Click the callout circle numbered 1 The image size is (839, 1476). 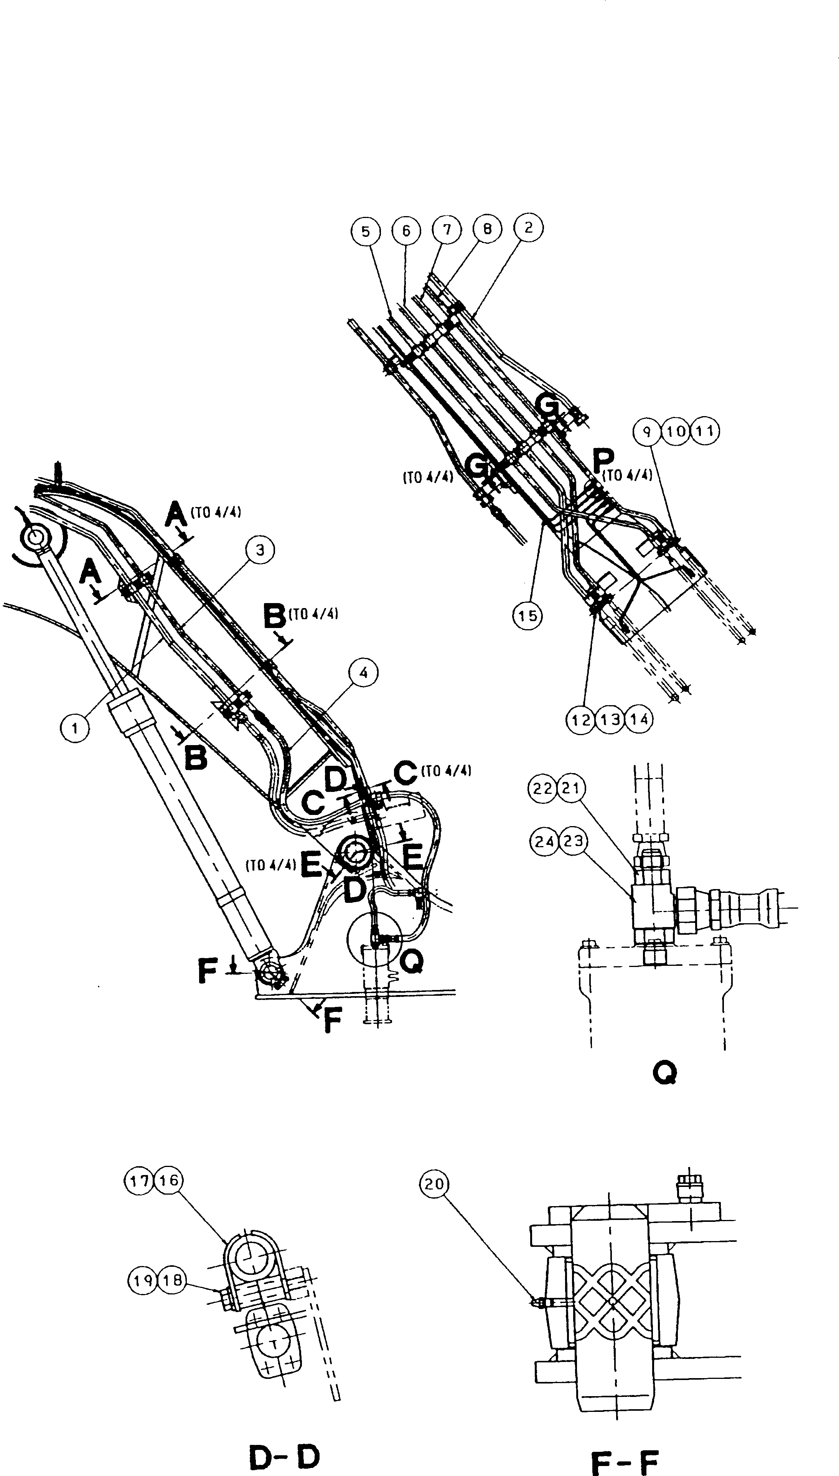pyautogui.click(x=75, y=729)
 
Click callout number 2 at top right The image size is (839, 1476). pyautogui.click(x=528, y=227)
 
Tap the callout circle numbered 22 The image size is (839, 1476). pyautogui.click(x=543, y=788)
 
